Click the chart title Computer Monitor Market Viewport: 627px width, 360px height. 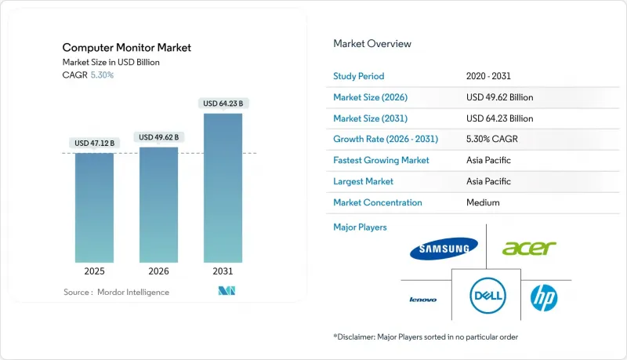click(127, 48)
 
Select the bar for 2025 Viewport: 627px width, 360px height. click(94, 207)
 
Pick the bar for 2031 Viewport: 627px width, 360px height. click(223, 187)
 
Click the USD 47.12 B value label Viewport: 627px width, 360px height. click(94, 144)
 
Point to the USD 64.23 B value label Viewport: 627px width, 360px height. click(223, 104)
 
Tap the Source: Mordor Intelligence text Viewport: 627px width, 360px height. click(116, 293)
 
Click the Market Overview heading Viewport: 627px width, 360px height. click(372, 44)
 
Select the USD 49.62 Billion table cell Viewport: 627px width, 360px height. click(499, 97)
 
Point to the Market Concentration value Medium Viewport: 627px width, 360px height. click(483, 202)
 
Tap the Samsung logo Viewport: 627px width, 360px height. click(444, 249)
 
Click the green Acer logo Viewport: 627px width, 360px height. click(529, 249)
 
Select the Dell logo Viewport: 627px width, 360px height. click(486, 296)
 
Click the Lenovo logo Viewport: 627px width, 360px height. click(423, 299)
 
